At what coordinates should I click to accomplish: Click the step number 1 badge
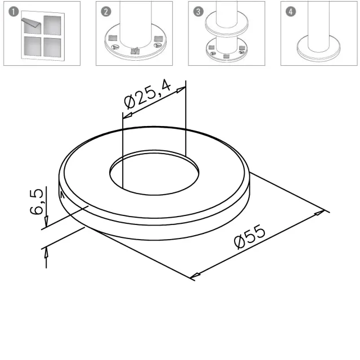click(13, 12)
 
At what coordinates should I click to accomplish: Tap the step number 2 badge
click(106, 12)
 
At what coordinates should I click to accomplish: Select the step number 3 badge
click(199, 12)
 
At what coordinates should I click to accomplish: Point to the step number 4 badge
click(291, 12)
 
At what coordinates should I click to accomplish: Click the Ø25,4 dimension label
click(147, 94)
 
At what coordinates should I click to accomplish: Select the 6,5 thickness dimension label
click(37, 201)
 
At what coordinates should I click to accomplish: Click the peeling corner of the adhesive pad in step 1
click(31, 22)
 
